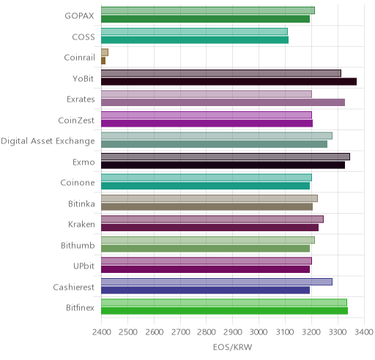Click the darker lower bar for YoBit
click(x=229, y=81)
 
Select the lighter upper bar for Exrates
click(x=207, y=94)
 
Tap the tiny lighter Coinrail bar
click(x=105, y=52)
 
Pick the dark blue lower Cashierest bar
click(x=205, y=290)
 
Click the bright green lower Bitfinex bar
click(x=224, y=311)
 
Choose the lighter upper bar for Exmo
click(x=226, y=157)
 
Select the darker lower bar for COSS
click(x=195, y=40)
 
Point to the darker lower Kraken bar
click(x=209, y=228)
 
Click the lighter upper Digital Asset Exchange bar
click(x=217, y=135)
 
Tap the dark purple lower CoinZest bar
click(x=207, y=123)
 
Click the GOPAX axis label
click(x=79, y=16)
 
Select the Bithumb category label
click(x=78, y=245)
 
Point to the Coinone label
click(x=78, y=182)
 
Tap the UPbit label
click(x=83, y=266)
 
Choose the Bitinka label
click(x=81, y=203)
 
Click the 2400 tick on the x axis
click(x=102, y=332)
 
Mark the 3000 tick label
click(x=259, y=332)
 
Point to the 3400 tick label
click(x=364, y=332)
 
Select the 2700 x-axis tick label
click(x=180, y=332)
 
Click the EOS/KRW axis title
click(x=232, y=347)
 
